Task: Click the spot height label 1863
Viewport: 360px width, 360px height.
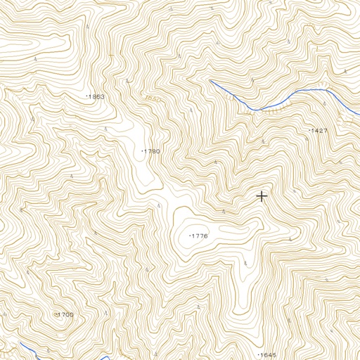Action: tap(96, 96)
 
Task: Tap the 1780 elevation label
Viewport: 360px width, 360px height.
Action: tap(152, 151)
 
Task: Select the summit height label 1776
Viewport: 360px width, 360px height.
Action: tap(200, 236)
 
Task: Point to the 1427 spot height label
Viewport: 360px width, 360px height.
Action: tap(319, 131)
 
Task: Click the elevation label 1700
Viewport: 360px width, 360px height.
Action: tap(65, 314)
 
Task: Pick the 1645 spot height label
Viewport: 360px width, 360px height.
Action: tap(268, 354)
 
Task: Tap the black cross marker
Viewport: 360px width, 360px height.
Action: tap(262, 196)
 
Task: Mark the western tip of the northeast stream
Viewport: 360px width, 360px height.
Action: tap(210, 81)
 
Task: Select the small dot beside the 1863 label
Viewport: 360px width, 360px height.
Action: tap(86, 96)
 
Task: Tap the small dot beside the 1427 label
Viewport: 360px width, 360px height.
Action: tap(309, 131)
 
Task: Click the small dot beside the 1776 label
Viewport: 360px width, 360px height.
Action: tap(190, 236)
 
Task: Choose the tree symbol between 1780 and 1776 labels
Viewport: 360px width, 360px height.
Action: tap(160, 205)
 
